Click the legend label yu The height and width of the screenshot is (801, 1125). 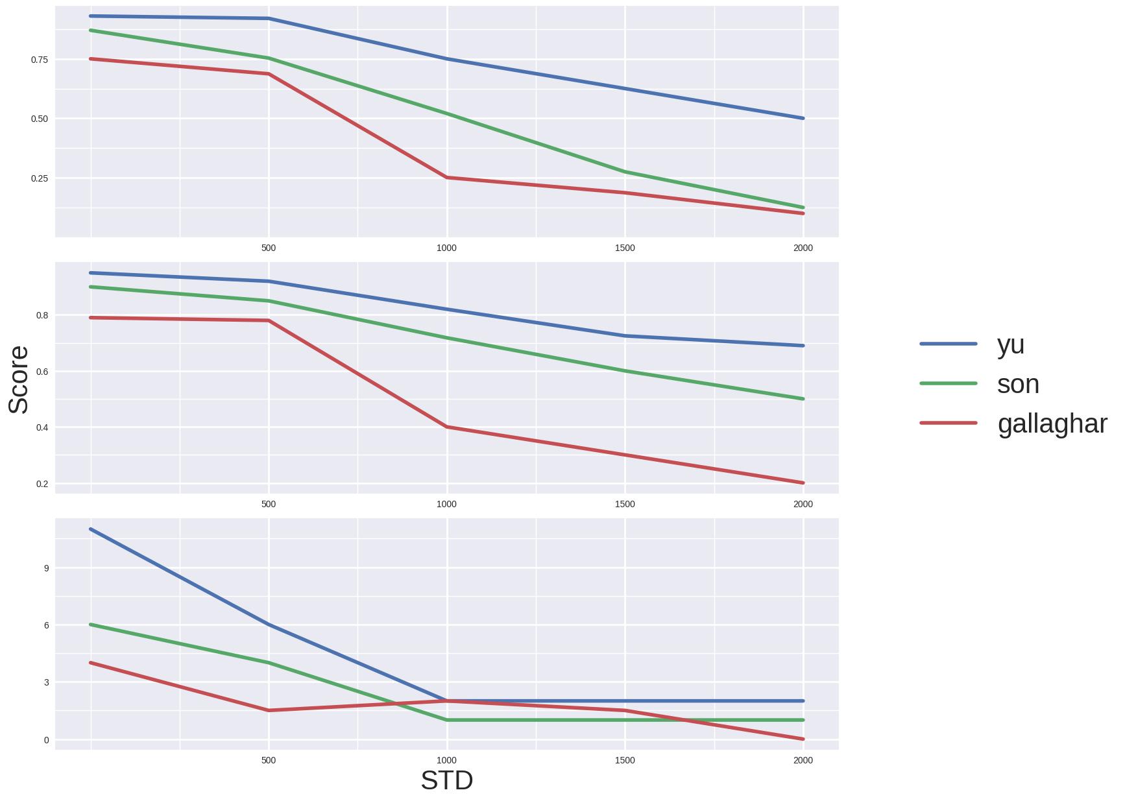coord(1010,345)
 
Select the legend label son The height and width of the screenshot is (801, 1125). coord(1018,384)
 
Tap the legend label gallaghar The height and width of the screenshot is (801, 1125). coord(1052,424)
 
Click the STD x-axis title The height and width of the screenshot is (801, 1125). coord(446,780)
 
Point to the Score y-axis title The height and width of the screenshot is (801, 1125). coord(19,379)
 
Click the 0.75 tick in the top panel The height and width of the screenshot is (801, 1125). coord(40,60)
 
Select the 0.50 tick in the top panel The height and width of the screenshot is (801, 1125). coord(40,119)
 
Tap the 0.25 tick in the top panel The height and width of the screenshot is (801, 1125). coord(40,178)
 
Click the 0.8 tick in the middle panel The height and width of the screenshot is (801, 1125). coord(42,315)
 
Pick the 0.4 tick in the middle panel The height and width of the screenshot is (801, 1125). coord(42,427)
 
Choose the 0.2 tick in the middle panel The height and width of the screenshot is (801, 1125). coord(42,484)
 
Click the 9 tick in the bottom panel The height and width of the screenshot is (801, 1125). coord(46,568)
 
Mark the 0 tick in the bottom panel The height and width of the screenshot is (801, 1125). coord(46,740)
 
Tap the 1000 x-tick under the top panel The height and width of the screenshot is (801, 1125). coord(446,248)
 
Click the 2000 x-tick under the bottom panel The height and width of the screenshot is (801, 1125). coord(803,760)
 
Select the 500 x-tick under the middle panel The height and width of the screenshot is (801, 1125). coord(268,504)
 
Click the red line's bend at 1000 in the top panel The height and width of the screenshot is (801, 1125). coord(446,178)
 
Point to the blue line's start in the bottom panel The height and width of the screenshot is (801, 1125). coord(91,529)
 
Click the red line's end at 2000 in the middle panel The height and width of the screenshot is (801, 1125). coord(803,483)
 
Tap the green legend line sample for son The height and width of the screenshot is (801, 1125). coord(948,383)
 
